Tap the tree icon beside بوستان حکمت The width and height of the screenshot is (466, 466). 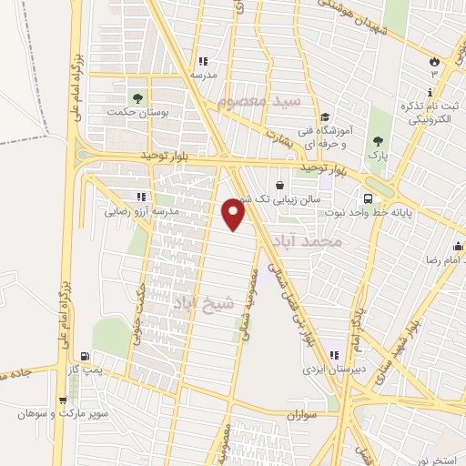point(137,96)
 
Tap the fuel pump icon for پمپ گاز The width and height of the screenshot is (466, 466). point(85,356)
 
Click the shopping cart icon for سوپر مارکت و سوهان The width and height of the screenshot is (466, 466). point(63,398)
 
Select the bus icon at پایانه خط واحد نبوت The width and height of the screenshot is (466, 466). point(368,198)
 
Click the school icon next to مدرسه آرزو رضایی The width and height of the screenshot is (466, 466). point(139,196)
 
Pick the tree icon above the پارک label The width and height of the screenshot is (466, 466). point(379,142)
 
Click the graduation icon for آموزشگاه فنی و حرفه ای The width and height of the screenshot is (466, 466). point(324,116)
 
